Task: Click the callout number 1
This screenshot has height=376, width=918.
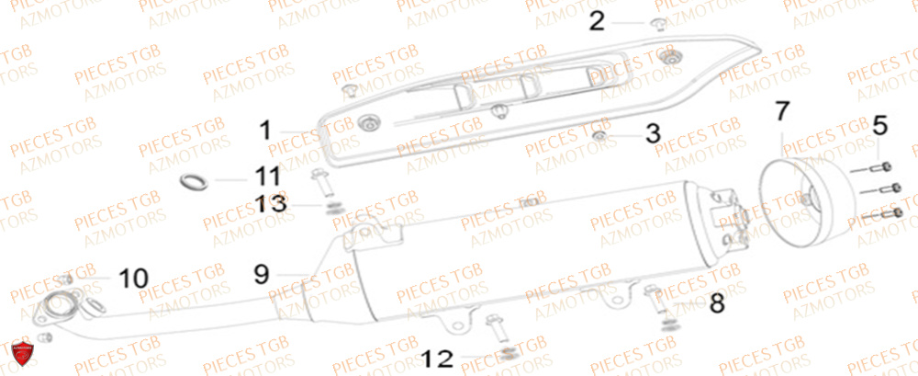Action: (x=265, y=131)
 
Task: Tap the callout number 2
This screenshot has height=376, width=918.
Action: (x=598, y=20)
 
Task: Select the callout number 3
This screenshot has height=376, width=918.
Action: (x=652, y=134)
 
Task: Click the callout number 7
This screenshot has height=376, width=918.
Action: (x=781, y=113)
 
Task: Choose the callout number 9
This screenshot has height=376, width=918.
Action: (x=262, y=273)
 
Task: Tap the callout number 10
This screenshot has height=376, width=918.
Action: (x=132, y=276)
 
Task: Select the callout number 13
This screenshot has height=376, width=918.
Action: (x=275, y=202)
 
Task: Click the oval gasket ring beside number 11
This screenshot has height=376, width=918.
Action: (x=192, y=181)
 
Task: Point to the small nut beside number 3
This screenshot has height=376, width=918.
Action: (x=599, y=137)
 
